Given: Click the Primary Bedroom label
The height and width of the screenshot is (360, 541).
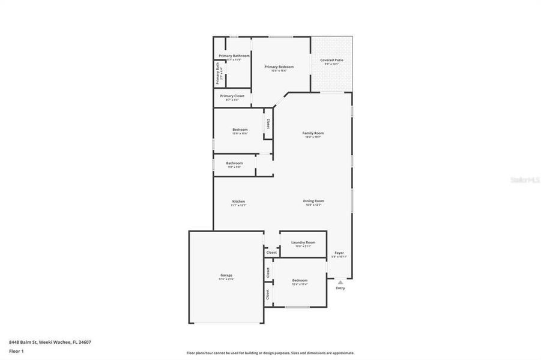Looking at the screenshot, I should point(279,67).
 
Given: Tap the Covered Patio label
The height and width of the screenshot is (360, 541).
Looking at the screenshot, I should point(331,60).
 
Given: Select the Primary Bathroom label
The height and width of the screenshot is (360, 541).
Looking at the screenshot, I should point(234,56).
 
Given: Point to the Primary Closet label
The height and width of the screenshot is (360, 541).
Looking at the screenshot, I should point(232,96).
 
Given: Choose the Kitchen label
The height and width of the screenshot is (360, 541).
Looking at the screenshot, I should point(238,202).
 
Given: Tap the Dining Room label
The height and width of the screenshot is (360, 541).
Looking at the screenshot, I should point(313,202).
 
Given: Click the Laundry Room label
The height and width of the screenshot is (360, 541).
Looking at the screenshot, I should point(303,242).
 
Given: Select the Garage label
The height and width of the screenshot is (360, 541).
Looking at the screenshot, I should point(226,275).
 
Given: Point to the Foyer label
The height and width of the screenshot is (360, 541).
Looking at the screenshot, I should point(339,253).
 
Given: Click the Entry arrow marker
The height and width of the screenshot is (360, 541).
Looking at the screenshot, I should point(340,281).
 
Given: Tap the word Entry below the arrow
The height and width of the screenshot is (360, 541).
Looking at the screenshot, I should point(340,289).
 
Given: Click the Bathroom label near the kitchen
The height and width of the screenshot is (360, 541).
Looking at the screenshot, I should point(234,163).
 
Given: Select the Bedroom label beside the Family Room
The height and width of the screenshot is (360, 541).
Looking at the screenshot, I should point(240,130).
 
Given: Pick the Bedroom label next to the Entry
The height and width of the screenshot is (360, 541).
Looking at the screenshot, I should point(300,280).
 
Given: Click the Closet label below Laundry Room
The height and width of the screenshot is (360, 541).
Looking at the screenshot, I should point(271,253).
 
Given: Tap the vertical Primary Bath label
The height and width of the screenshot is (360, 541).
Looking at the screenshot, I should point(219,73).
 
